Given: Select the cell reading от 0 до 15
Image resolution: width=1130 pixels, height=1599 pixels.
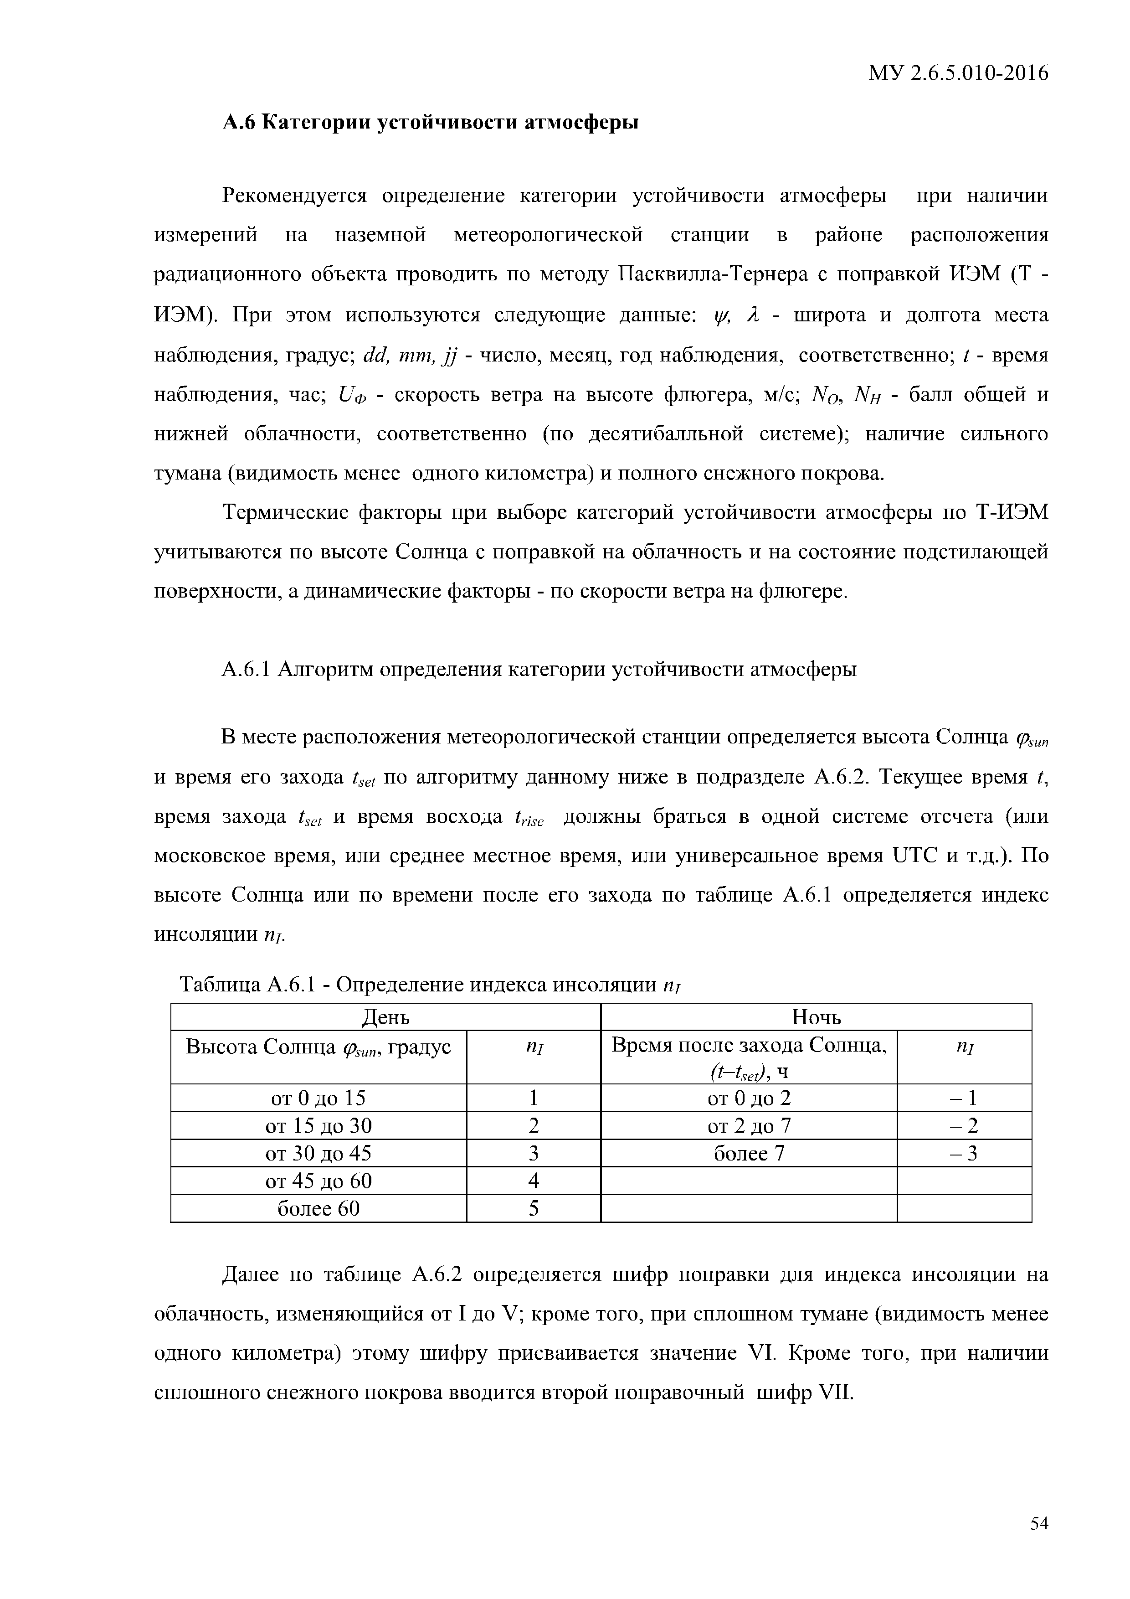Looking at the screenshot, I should (x=318, y=1098).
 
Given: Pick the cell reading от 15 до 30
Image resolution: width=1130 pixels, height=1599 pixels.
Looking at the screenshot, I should (x=318, y=1126).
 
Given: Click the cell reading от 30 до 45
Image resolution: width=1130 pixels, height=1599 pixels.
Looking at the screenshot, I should (x=318, y=1154).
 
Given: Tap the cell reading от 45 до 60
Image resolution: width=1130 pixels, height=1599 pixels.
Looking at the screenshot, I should (x=318, y=1181).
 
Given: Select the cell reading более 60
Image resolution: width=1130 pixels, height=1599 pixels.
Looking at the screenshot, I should (x=318, y=1208).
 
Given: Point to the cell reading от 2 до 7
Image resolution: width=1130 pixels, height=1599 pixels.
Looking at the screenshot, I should (x=749, y=1126).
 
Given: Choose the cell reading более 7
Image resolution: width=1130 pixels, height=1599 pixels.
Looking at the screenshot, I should (x=749, y=1154).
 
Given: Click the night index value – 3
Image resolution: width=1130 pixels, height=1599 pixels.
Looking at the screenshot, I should (x=964, y=1154).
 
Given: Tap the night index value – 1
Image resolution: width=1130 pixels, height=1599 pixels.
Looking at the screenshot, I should (x=964, y=1098).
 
